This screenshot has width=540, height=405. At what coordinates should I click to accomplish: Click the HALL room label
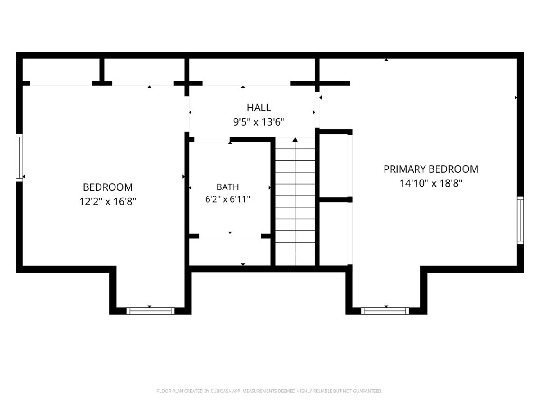pyautogui.click(x=259, y=108)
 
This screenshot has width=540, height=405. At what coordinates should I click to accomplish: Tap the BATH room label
pyautogui.click(x=228, y=187)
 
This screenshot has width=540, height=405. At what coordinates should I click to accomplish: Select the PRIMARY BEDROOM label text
pyautogui.click(x=431, y=169)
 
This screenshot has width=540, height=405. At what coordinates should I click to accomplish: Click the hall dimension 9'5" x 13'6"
pyautogui.click(x=259, y=122)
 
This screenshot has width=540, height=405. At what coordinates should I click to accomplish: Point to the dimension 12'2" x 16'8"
pyautogui.click(x=108, y=202)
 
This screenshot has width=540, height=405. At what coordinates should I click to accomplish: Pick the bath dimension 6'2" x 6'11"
pyautogui.click(x=228, y=199)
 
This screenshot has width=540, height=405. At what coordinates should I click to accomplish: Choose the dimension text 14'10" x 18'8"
pyautogui.click(x=431, y=184)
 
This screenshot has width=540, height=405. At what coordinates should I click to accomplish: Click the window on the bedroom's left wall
pyautogui.click(x=19, y=157)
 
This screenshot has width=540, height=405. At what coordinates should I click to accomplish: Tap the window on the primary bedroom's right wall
pyautogui.click(x=520, y=220)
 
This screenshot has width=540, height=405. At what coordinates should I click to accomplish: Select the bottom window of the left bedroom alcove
pyautogui.click(x=150, y=311)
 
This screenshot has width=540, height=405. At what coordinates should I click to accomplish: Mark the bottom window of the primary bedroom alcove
pyautogui.click(x=385, y=311)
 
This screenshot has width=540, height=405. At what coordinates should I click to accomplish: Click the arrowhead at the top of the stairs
pyautogui.click(x=295, y=139)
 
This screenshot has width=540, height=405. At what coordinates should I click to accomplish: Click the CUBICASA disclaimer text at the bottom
pyautogui.click(x=270, y=391)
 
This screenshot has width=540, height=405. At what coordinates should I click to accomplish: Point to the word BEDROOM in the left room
pyautogui.click(x=108, y=187)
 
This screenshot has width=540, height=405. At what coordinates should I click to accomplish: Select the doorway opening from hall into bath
pyautogui.click(x=212, y=139)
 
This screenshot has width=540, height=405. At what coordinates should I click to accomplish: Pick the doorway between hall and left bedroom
pyautogui.click(x=187, y=114)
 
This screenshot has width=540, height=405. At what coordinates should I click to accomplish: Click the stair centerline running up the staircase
pyautogui.click(x=295, y=202)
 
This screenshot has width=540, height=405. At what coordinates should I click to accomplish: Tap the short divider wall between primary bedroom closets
pyautogui.click(x=336, y=199)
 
